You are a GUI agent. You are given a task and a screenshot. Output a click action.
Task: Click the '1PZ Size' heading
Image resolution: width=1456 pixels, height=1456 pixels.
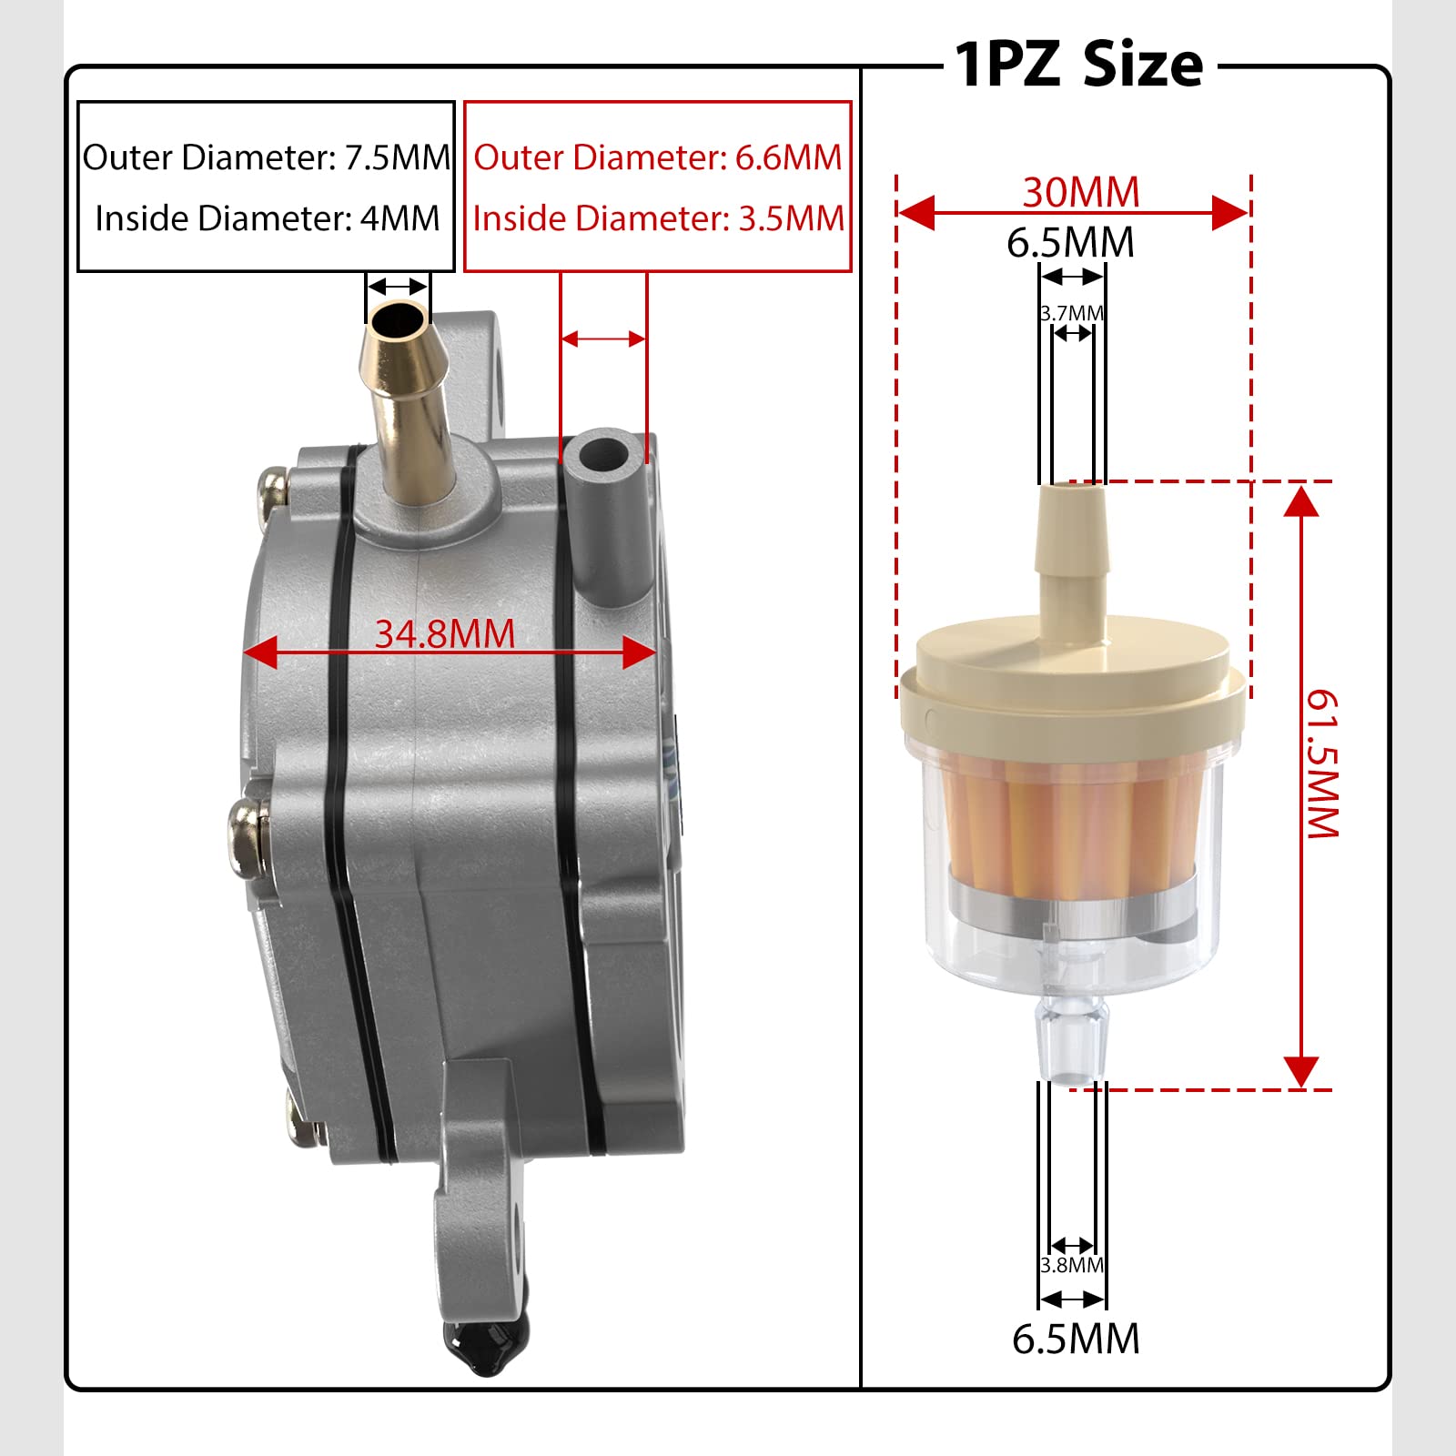pyautogui.click(x=1079, y=66)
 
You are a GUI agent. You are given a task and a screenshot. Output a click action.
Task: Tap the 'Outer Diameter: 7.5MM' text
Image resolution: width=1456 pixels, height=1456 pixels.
pyautogui.click(x=266, y=157)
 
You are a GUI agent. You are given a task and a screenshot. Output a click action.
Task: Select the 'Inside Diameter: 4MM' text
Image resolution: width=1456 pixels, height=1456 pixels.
pyautogui.click(x=267, y=218)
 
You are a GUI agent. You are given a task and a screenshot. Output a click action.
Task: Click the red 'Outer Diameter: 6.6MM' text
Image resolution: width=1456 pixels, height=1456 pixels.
pyautogui.click(x=658, y=157)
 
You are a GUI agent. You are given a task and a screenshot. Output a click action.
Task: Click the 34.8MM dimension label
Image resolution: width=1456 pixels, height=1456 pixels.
pyautogui.click(x=445, y=633)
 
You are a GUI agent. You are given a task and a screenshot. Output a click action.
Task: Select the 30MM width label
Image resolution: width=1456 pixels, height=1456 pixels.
pyautogui.click(x=1081, y=192)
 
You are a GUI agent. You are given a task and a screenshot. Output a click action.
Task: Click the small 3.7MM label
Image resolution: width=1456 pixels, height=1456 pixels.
pyautogui.click(x=1072, y=313)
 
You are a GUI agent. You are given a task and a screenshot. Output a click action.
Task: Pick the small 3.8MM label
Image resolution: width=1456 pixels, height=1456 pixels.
pyautogui.click(x=1072, y=1265)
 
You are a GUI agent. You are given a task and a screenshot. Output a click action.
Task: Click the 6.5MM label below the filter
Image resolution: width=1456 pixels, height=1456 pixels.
pyautogui.click(x=1076, y=1339)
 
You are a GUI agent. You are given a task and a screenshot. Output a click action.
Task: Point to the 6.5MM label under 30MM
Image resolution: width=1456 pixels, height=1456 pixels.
pyautogui.click(x=1071, y=243)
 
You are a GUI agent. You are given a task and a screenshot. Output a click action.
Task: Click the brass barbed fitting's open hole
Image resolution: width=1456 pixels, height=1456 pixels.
pyautogui.click(x=399, y=319)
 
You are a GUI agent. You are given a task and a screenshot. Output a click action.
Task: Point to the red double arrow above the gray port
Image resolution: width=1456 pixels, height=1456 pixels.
pyautogui.click(x=603, y=339)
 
